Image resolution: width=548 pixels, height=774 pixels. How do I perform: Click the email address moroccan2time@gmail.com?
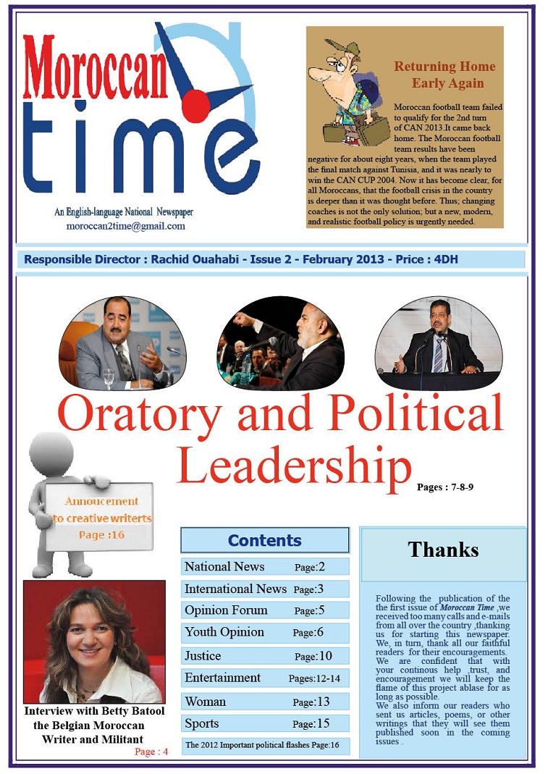click(125, 226)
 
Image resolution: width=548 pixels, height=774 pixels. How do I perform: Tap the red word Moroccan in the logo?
click(94, 67)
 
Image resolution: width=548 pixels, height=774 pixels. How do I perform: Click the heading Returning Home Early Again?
click(444, 75)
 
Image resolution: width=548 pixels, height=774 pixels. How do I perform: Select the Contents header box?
click(264, 540)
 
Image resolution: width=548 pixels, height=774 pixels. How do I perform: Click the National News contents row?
click(264, 567)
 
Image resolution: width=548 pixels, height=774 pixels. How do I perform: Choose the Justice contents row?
click(264, 656)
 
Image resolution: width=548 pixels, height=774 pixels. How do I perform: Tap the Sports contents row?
click(264, 723)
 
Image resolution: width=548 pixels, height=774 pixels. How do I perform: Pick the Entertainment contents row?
click(264, 678)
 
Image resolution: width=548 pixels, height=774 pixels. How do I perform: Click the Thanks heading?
click(443, 550)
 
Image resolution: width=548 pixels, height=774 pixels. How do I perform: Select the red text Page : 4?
click(151, 752)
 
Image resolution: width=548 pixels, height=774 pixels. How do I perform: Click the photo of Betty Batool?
click(94, 642)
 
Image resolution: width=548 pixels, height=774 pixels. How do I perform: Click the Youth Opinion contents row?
click(264, 633)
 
